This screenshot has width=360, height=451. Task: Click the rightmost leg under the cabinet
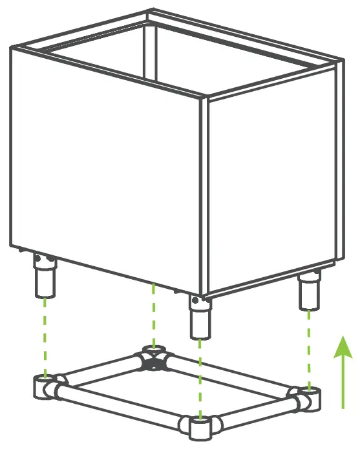tap(310, 291)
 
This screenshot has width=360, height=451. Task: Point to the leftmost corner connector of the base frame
tap(46, 387)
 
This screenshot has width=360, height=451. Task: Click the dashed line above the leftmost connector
tap(45, 336)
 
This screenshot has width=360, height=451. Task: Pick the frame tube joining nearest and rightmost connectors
tap(252, 414)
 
